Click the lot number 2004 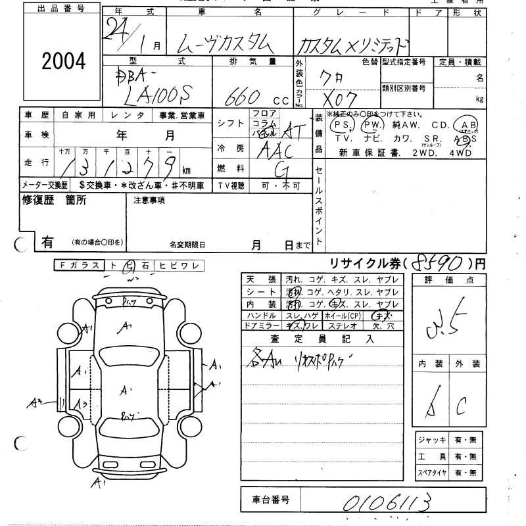(x=64, y=61)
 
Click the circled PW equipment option (x=372, y=124)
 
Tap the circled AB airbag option (x=469, y=125)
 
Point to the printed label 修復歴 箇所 (x=54, y=201)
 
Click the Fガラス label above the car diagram (x=79, y=265)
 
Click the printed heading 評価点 (x=450, y=279)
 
